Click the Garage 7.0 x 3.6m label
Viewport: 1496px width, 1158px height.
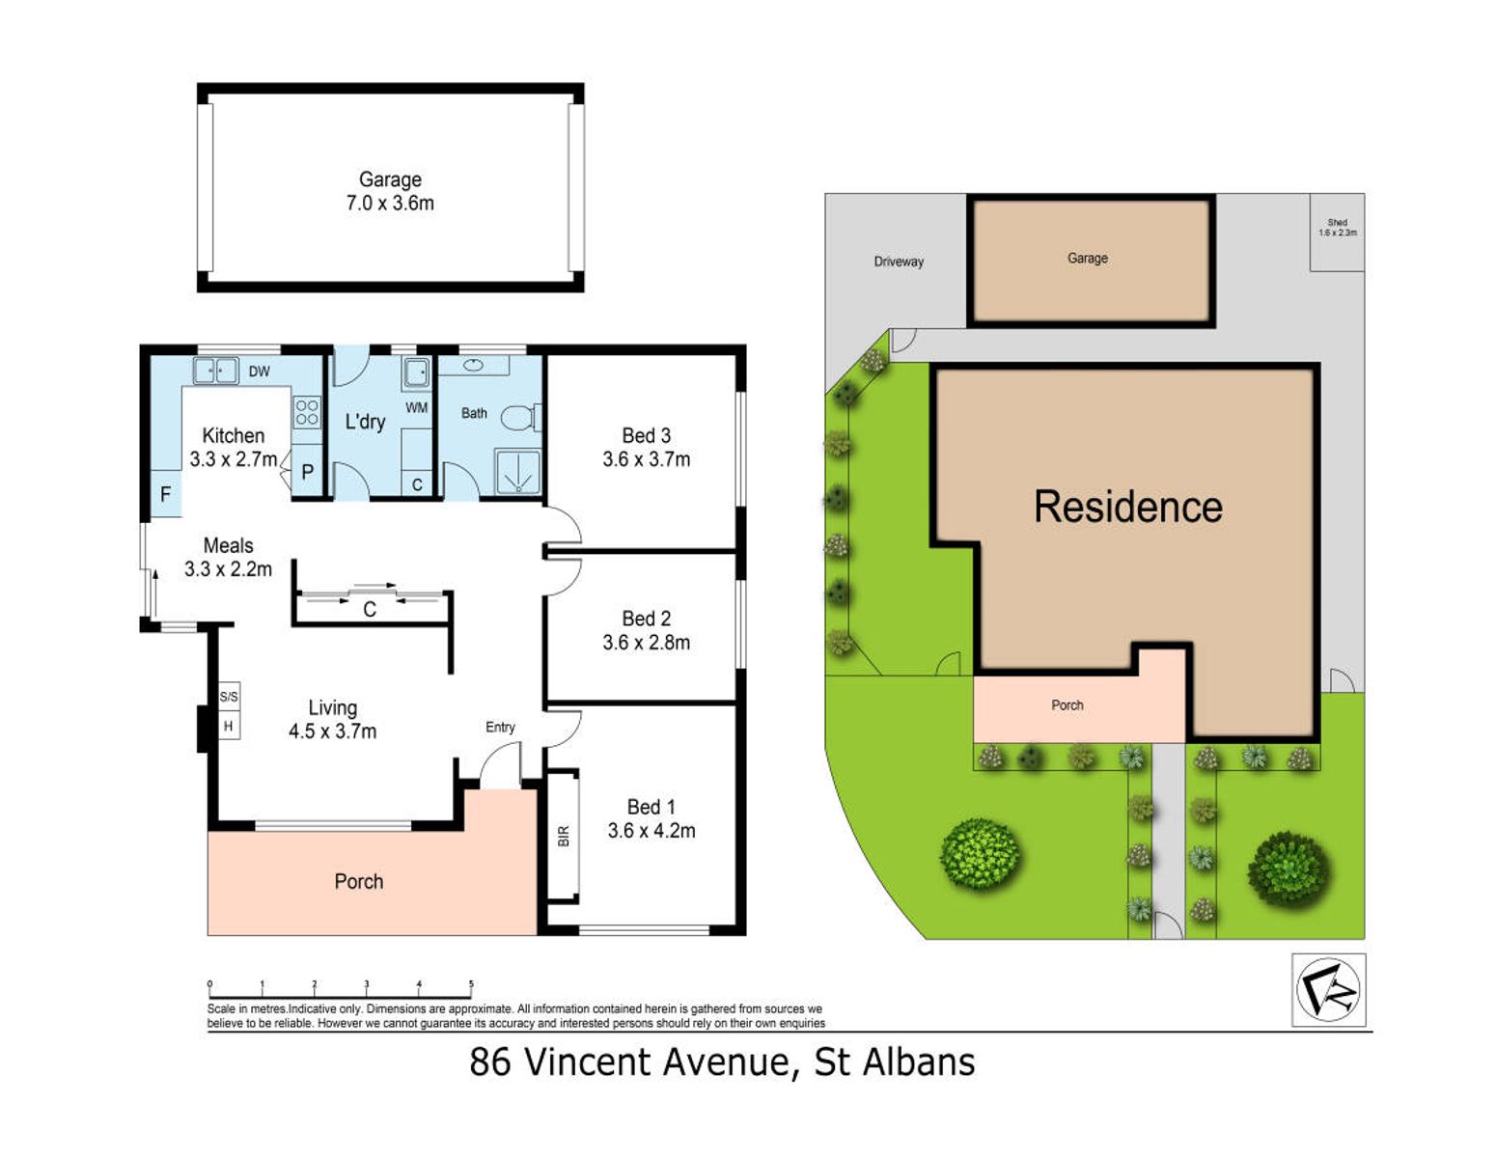tap(390, 191)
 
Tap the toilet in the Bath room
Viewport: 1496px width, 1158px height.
tap(520, 417)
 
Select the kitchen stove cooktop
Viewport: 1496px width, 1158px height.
tap(307, 412)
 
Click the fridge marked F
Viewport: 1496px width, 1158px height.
tap(165, 494)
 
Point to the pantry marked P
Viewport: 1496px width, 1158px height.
tap(307, 472)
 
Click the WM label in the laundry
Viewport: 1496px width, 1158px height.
tap(416, 407)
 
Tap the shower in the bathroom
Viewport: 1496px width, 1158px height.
tap(517, 470)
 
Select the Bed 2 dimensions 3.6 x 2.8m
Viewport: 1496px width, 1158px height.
tap(646, 643)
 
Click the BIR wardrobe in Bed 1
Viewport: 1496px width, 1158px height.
tap(564, 836)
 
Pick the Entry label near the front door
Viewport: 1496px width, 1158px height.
tap(500, 727)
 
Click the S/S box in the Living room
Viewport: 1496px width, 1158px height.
tap(229, 697)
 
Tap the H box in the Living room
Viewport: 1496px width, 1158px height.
tap(229, 726)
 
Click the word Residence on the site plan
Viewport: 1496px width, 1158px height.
tap(1127, 507)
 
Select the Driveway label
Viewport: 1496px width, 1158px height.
tap(899, 262)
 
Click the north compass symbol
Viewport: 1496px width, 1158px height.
tap(1328, 989)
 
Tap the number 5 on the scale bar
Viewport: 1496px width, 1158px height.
tap(471, 984)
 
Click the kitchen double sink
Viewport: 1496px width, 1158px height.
tap(215, 371)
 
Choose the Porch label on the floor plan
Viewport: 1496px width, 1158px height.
tap(358, 881)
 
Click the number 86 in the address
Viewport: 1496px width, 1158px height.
tap(490, 1062)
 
